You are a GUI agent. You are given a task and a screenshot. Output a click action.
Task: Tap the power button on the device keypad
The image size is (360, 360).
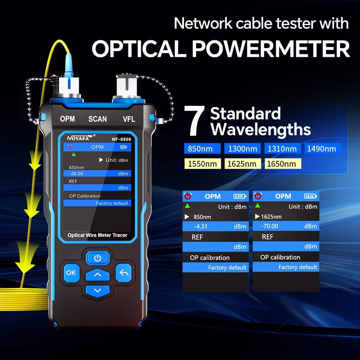coord(98,258)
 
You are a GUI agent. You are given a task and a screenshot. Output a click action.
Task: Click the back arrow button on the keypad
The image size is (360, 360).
coord(124,273)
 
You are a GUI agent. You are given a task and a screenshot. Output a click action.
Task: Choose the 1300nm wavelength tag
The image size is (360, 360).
coord(242,149)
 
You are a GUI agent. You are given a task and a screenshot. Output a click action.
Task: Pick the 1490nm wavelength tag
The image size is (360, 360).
coord(321,149)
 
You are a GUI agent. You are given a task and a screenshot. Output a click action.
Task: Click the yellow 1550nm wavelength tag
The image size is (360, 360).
coord(202,164)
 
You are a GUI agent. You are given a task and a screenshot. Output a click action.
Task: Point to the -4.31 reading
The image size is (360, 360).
coord(201,226)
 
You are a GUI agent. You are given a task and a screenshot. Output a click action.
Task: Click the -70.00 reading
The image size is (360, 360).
coord(270,226)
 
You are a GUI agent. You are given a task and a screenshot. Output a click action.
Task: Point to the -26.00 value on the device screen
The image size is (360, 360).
coord(76,174)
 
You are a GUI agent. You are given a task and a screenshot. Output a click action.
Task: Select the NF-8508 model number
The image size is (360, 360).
coord(121,139)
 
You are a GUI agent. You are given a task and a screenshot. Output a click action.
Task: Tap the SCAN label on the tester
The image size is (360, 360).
coord(98,119)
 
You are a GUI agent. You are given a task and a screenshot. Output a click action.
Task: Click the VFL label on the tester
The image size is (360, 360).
coord(129,119)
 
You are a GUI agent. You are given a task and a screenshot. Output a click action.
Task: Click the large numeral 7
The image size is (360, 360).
coord(195,121)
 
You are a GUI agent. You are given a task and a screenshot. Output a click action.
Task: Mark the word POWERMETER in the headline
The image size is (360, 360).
coord(271,49)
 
